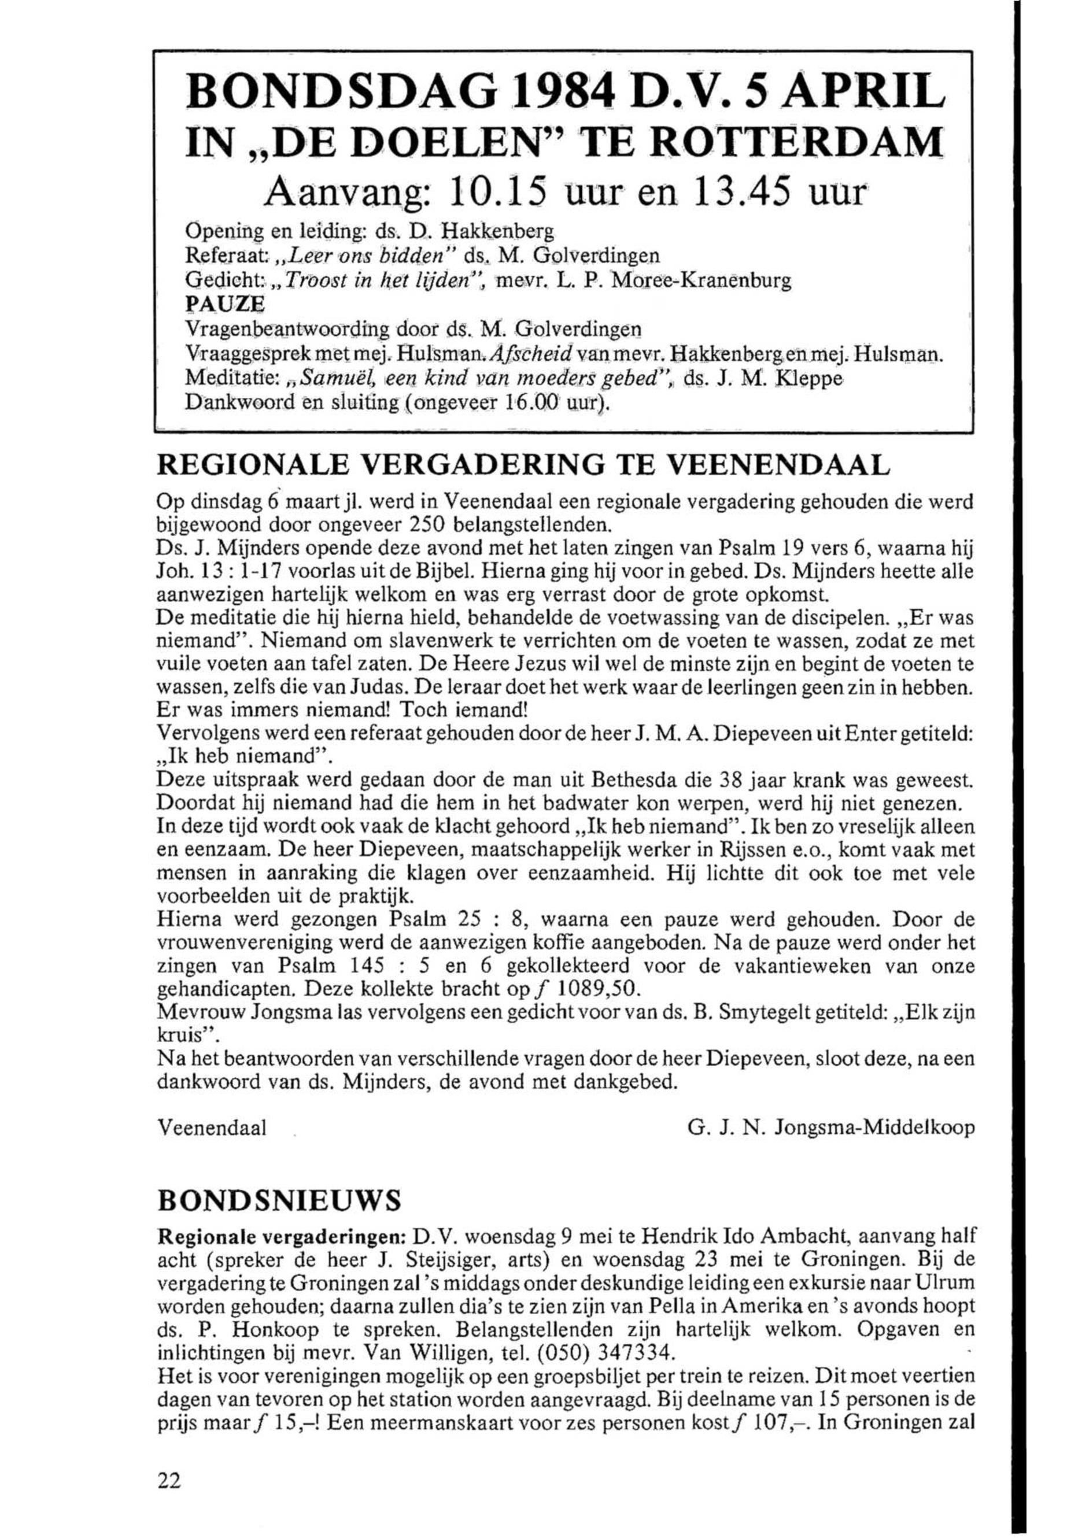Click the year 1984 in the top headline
(x=549, y=95)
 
